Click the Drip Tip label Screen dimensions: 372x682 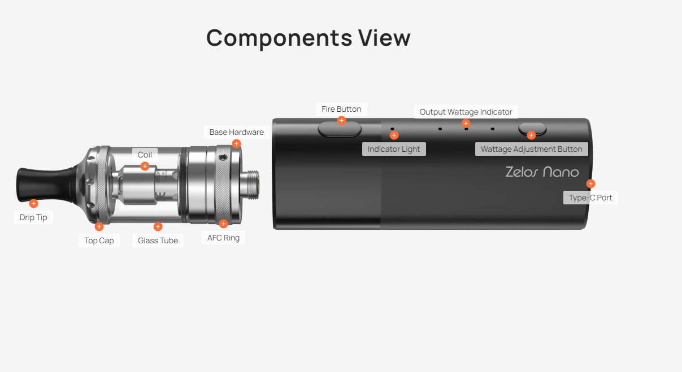click(33, 217)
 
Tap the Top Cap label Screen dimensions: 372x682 click(99, 240)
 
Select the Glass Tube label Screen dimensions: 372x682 click(158, 240)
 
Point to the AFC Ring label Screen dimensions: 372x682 click(223, 238)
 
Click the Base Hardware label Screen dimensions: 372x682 click(236, 132)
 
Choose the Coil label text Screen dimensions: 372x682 click(145, 155)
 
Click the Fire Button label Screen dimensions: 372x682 click(341, 109)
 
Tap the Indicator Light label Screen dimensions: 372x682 click(394, 149)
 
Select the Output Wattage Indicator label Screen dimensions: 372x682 click(466, 112)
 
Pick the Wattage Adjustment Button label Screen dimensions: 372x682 click(531, 149)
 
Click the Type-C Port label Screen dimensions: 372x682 click(590, 198)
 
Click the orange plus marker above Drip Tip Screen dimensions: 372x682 click(33, 203)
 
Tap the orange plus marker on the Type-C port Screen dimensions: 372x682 click(590, 183)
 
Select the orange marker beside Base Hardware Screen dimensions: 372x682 click(236, 143)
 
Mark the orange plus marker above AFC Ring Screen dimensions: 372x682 click(223, 224)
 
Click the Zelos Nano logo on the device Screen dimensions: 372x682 click(542, 172)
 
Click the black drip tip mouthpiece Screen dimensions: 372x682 click(45, 183)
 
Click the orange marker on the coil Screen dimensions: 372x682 click(145, 166)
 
